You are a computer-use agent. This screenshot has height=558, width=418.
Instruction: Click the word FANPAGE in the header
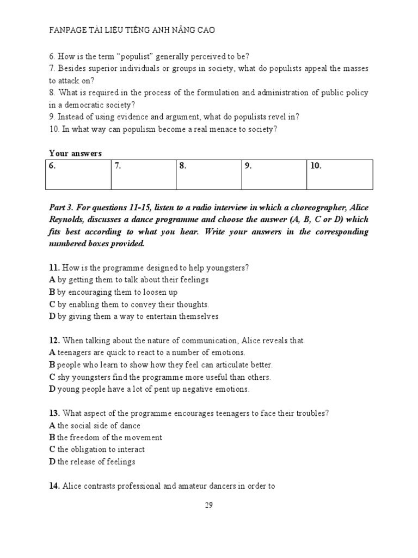[x=67, y=31]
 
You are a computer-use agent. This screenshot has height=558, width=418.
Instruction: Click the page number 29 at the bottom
[x=208, y=505]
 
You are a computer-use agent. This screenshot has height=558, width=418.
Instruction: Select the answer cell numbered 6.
[x=79, y=174]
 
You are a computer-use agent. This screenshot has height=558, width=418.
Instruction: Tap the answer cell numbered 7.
[x=143, y=174]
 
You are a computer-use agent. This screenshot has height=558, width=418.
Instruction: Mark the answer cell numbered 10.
[x=340, y=174]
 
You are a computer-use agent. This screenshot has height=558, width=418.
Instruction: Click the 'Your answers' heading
[x=75, y=154]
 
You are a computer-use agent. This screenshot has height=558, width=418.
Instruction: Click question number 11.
[x=54, y=268]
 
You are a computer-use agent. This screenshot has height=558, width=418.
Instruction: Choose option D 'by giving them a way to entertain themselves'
[x=133, y=316]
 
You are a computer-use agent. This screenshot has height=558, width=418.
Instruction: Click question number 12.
[x=54, y=341]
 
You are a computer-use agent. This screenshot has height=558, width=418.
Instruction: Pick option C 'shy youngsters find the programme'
[x=159, y=377]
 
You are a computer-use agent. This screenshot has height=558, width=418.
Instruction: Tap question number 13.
[x=54, y=414]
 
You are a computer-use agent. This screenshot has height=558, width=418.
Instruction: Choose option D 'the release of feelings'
[x=92, y=462]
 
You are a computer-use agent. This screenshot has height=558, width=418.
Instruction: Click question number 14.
[x=54, y=487]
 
